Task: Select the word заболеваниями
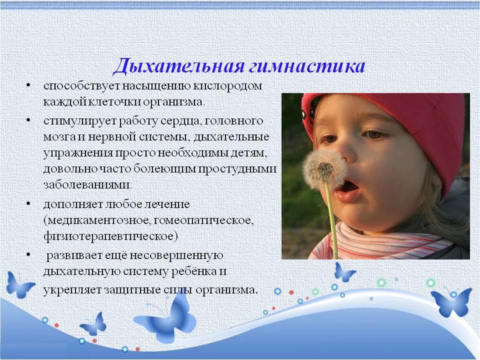pyautogui.click(x=87, y=185)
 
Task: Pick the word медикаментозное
pyautogui.click(x=99, y=220)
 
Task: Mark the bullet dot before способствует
pyautogui.click(x=28, y=85)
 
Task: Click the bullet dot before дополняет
pyautogui.click(x=28, y=203)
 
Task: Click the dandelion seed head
pyautogui.click(x=324, y=169)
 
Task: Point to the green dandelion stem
pyautogui.click(x=331, y=220)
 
